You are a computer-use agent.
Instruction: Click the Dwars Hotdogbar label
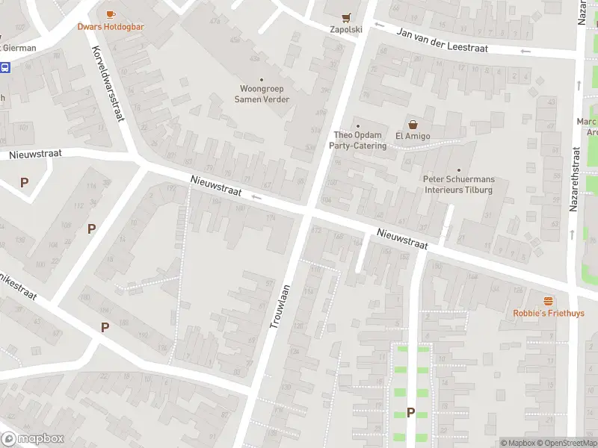[111, 27]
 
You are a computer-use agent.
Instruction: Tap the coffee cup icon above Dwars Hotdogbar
[111, 14]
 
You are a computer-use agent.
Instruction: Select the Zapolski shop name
[345, 30]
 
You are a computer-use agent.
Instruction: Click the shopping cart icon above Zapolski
[345, 17]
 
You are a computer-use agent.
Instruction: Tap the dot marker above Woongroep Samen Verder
[262, 80]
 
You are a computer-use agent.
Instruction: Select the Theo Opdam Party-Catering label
[359, 140]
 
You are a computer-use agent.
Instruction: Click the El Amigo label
[411, 136]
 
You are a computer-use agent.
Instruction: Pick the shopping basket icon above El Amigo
[411, 124]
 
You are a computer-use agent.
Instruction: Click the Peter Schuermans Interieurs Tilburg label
[458, 184]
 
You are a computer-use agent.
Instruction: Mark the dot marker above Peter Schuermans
[459, 170]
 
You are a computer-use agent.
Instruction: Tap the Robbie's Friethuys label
[549, 314]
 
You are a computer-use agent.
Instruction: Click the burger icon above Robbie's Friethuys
[549, 301]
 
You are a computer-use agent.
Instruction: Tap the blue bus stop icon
[5, 67]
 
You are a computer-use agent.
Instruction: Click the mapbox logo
[33, 439]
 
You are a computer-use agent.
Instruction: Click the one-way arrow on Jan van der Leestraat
[525, 51]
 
